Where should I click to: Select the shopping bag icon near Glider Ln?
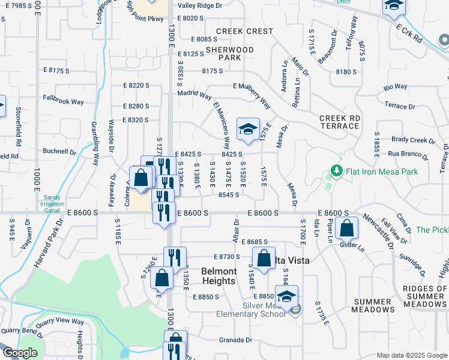[x=347, y=228]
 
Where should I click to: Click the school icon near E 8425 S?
[x=247, y=129]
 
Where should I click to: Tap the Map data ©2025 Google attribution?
[x=411, y=355]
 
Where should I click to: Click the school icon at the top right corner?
[x=394, y=6]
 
